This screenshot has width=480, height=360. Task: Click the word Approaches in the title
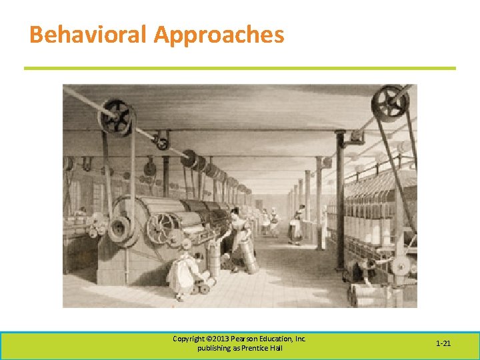tap(219, 35)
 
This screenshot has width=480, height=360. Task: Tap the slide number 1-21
tap(443, 343)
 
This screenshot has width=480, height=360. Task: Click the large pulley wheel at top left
tap(116, 118)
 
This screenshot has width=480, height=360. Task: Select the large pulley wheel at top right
tap(389, 103)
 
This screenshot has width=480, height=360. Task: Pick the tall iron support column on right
tap(340, 200)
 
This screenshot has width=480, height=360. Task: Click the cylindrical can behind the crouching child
tap(213, 260)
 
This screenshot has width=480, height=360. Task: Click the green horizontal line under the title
tap(240, 68)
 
